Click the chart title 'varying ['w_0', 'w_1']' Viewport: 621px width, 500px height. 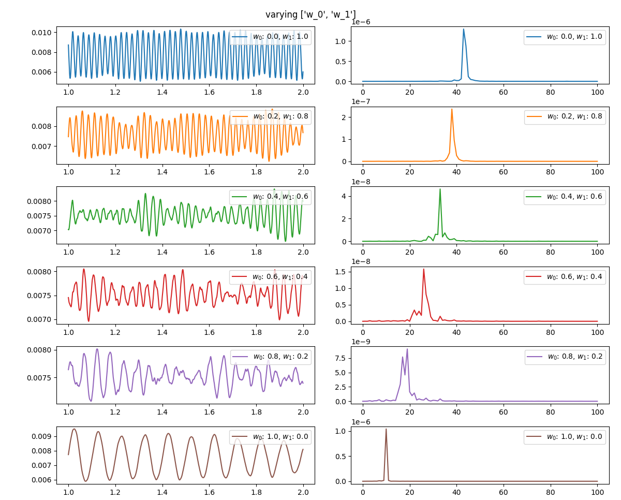(310, 14)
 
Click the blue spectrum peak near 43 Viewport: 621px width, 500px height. (464, 29)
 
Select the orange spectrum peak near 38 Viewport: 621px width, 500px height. (452, 109)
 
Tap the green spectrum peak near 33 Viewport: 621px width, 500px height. (440, 189)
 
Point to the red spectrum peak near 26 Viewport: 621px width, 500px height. (424, 269)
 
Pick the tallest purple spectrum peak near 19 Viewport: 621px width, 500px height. (407, 349)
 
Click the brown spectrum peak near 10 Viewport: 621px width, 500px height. (386, 429)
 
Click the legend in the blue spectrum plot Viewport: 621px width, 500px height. (565, 37)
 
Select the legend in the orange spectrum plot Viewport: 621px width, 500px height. (565, 117)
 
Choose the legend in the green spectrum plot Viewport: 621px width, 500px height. (565, 197)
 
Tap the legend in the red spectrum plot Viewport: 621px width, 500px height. (565, 277)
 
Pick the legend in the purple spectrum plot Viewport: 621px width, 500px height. (565, 357)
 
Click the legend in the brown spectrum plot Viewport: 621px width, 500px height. (565, 437)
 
